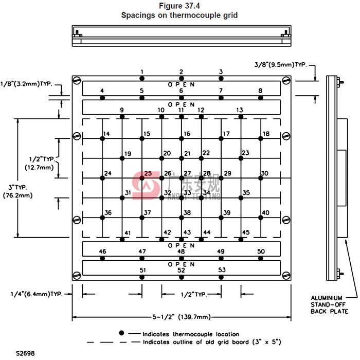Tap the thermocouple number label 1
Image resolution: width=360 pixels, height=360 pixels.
point(142,71)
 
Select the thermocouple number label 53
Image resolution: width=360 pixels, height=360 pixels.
point(222,270)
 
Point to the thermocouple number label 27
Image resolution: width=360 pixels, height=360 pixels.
point(187,173)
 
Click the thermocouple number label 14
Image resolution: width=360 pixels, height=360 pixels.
point(106,134)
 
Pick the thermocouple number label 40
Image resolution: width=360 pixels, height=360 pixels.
point(265,212)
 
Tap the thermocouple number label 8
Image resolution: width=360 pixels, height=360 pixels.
point(260,91)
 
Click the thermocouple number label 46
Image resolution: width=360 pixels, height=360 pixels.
point(102,251)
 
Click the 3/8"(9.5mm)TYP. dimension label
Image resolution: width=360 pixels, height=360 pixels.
point(280,65)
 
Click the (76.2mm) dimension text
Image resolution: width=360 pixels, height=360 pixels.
point(17,195)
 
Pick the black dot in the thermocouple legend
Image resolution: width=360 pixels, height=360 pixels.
point(122,333)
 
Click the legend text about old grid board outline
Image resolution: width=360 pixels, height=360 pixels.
point(212,341)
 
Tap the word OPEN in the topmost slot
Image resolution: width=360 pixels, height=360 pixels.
point(181,84)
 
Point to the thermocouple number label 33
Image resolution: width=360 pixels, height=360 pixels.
point(188,193)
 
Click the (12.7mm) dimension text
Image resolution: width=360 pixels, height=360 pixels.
point(39,167)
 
